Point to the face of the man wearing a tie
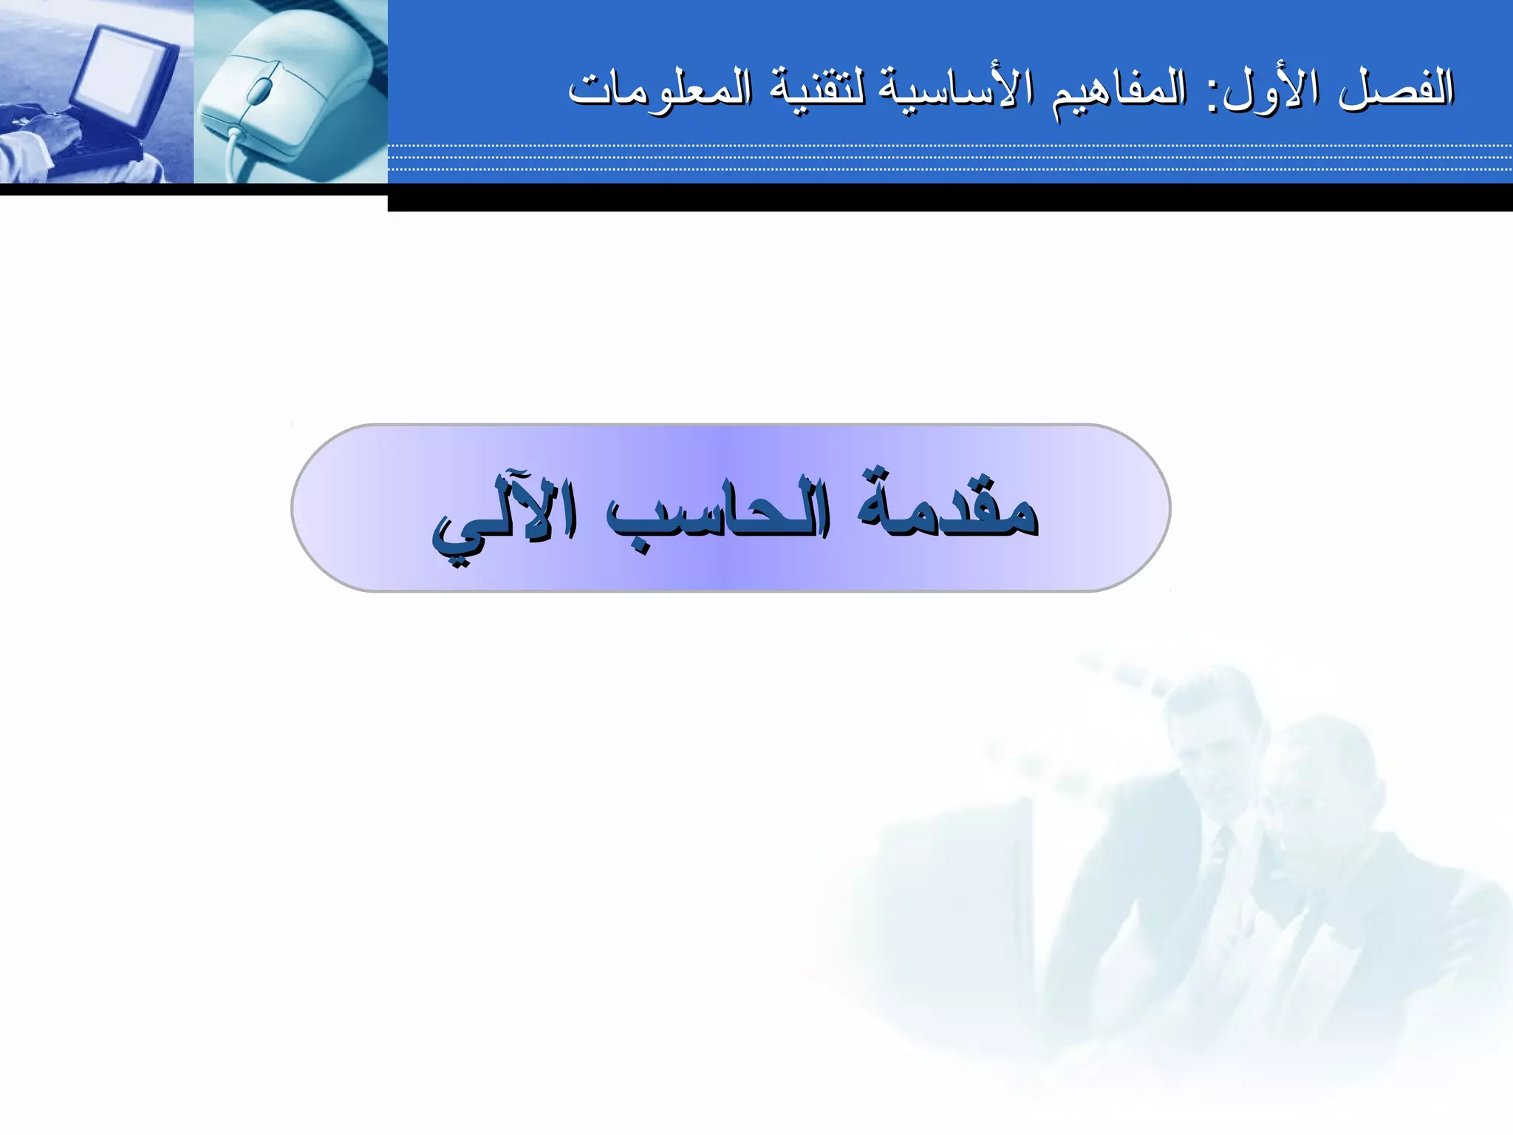click(x=1212, y=746)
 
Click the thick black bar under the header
click(x=949, y=197)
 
